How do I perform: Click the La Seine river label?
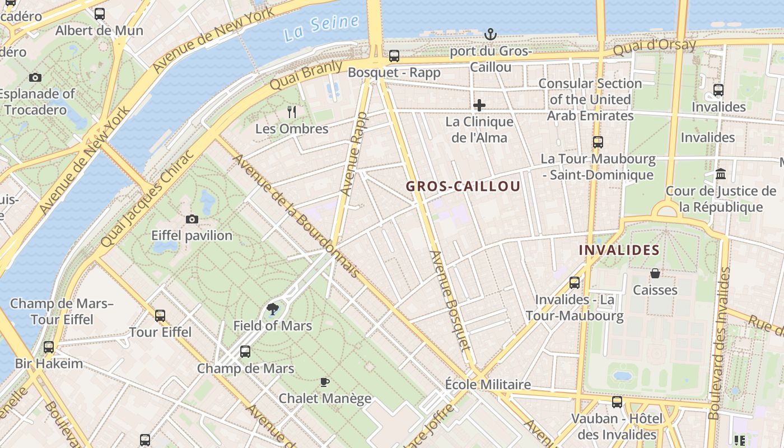pyautogui.click(x=321, y=28)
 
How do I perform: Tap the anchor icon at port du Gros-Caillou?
pyautogui.click(x=491, y=35)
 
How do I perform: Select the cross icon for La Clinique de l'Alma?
pyautogui.click(x=479, y=105)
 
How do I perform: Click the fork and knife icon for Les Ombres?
pyautogui.click(x=292, y=112)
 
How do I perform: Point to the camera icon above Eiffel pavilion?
pyautogui.click(x=192, y=219)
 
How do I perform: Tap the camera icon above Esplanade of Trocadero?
pyautogui.click(x=35, y=77)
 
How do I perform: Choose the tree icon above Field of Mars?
pyautogui.click(x=273, y=309)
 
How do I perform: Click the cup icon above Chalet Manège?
pyautogui.click(x=325, y=382)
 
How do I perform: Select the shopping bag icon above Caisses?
pyautogui.click(x=655, y=273)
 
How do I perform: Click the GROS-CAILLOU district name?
pyautogui.click(x=463, y=186)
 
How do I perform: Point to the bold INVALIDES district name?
pyautogui.click(x=619, y=250)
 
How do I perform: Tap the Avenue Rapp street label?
pyautogui.click(x=353, y=154)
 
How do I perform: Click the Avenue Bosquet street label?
pyautogui.click(x=449, y=300)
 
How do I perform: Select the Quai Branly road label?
pyautogui.click(x=306, y=75)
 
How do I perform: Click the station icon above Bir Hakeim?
pyautogui.click(x=49, y=347)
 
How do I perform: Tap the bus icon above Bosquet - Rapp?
pyautogui.click(x=394, y=56)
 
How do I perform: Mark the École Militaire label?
pyautogui.click(x=488, y=385)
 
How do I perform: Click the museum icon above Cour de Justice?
pyautogui.click(x=721, y=174)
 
